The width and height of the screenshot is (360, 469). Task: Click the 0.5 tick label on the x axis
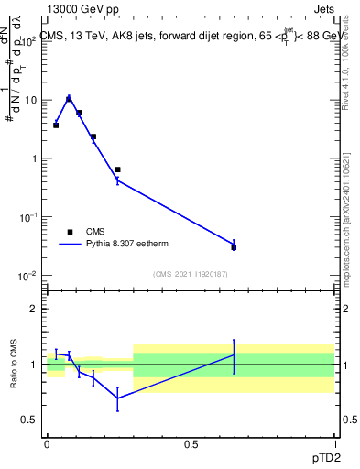(x=190, y=444)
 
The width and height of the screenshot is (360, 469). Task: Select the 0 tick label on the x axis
(x=47, y=444)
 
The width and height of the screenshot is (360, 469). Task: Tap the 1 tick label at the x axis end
(x=333, y=444)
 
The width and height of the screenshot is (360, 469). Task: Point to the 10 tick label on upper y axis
(x=29, y=100)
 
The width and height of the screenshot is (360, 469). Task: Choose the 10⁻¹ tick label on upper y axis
(x=27, y=217)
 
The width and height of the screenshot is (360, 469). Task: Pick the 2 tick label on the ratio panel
(x=34, y=309)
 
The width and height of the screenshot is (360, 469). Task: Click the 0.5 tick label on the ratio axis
(x=30, y=420)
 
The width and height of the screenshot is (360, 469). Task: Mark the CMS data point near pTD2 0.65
(x=234, y=247)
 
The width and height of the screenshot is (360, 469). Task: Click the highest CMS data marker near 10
(x=69, y=99)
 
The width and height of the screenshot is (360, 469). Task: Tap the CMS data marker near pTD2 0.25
(x=117, y=169)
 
